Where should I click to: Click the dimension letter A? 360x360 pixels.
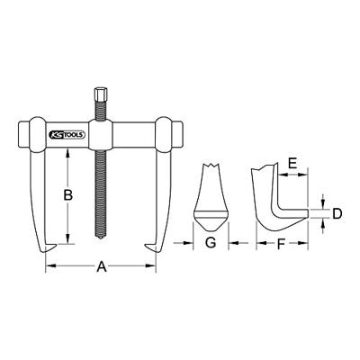coord(102,265)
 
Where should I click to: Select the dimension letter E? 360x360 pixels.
coord(292,164)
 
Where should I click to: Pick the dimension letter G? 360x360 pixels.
coord(210,243)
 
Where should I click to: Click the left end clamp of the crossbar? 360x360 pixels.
coord(37,132)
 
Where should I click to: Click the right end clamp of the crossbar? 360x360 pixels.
coord(165,132)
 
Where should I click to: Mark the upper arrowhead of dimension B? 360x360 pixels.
coord(67,150)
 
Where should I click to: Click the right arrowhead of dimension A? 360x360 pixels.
coord(150,265)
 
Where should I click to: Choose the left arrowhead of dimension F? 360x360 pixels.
coord(258,243)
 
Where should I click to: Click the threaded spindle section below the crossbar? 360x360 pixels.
coord(100,193)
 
